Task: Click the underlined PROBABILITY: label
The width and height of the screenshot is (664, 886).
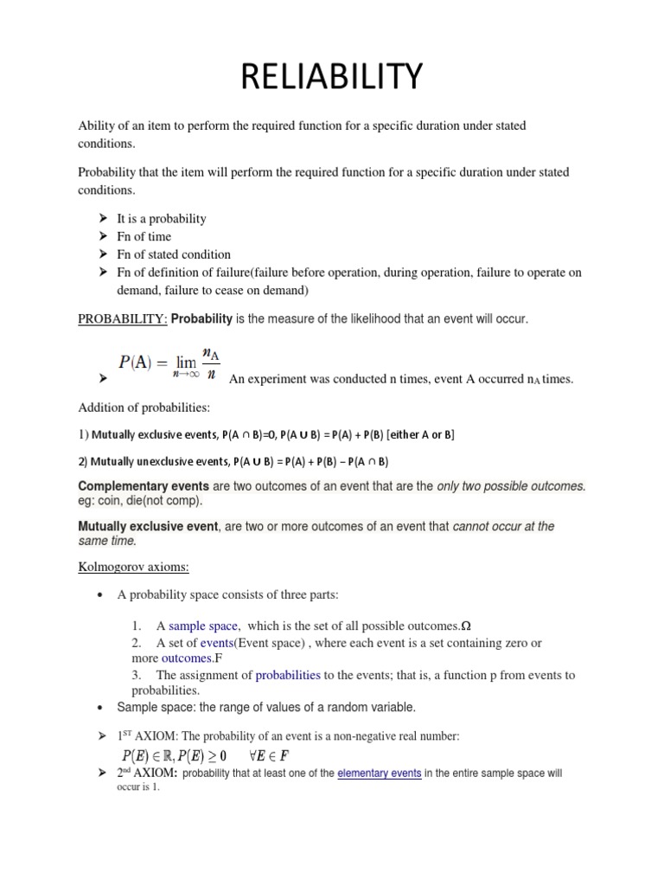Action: (124, 319)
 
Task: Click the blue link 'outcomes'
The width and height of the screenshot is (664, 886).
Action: (185, 658)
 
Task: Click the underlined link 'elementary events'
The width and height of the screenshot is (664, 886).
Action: (380, 773)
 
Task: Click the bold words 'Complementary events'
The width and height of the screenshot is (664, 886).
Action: (144, 486)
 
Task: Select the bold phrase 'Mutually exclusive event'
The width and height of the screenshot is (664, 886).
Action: (149, 526)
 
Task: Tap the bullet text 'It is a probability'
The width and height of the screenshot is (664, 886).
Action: (162, 219)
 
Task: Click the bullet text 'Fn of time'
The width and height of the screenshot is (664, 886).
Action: (144, 236)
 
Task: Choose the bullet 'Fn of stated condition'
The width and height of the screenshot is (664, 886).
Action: (174, 254)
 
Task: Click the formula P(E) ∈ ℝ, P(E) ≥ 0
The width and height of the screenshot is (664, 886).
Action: (172, 754)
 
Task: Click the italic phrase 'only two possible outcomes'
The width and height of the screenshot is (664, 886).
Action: (510, 486)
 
